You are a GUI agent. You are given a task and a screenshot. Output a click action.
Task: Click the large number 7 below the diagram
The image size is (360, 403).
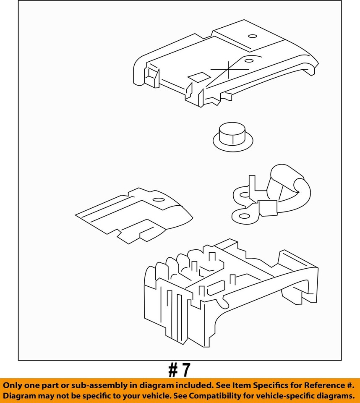pyautogui.click(x=185, y=370)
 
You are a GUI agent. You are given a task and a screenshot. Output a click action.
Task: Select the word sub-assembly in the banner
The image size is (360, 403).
pyautogui.click(x=104, y=385)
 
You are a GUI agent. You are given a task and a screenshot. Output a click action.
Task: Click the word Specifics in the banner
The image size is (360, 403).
pyautogui.click(x=273, y=385)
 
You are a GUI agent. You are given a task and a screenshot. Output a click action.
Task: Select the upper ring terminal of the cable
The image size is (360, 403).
pyautogui.click(x=243, y=194)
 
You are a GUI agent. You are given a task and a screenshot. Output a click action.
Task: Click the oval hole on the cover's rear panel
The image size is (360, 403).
pyautogui.click(x=253, y=36)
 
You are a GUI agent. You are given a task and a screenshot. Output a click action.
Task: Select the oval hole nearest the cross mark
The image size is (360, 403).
pyautogui.click(x=249, y=61)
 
